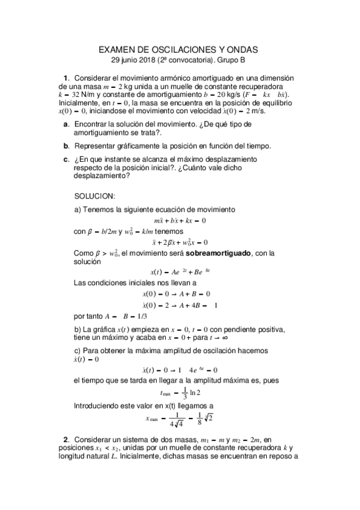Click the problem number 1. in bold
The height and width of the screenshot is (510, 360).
(67, 78)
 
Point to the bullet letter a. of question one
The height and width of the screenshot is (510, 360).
(66, 123)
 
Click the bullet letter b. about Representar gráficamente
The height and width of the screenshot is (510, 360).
(66, 146)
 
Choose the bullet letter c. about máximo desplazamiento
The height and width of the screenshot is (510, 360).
(66, 159)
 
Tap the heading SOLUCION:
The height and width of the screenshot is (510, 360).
(94, 196)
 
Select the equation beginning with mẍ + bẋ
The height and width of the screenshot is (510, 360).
(180, 220)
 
